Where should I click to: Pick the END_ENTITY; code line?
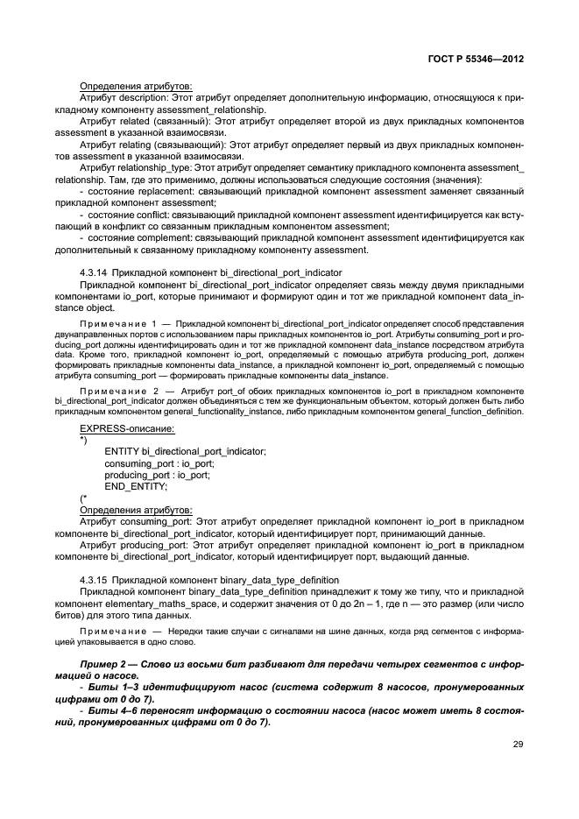pos(135,486)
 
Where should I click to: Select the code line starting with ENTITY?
pos(185,451)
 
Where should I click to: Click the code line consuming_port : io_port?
pos(159,463)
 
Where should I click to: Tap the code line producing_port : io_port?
pos(157,475)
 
